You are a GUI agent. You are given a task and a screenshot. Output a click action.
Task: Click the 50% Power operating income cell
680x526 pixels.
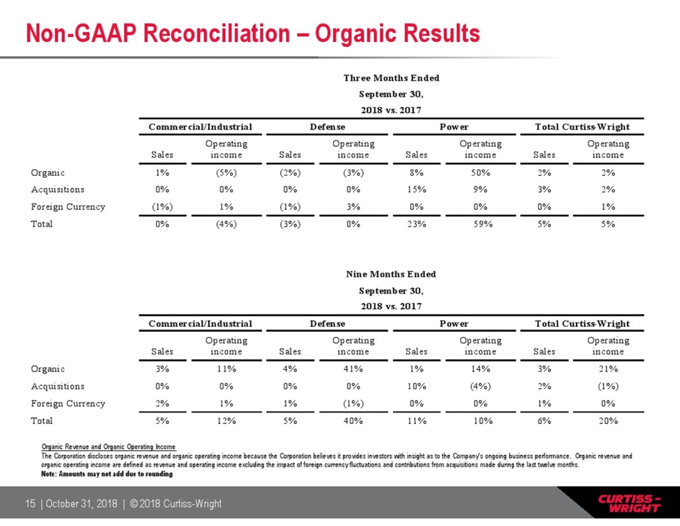[x=480, y=173]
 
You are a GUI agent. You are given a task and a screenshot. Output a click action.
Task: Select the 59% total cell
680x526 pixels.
[x=480, y=225]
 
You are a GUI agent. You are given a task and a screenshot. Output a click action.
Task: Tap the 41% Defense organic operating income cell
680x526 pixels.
[x=353, y=369]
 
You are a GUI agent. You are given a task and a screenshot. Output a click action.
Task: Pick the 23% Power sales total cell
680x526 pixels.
[x=416, y=225]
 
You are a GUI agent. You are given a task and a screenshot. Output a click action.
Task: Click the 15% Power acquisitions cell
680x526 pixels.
[x=416, y=190]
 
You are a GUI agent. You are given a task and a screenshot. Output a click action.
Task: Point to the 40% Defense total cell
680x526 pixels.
[x=353, y=421]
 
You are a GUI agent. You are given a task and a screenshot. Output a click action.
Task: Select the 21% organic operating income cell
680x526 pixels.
[x=608, y=369]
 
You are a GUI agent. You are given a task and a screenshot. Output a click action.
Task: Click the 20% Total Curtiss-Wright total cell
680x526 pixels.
[x=608, y=421]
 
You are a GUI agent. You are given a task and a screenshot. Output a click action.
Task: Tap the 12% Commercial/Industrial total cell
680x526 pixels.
[x=226, y=421]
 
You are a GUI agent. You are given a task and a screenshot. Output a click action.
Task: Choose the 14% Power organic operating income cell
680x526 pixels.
[x=480, y=369]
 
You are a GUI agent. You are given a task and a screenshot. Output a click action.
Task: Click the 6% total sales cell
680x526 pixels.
[x=544, y=421]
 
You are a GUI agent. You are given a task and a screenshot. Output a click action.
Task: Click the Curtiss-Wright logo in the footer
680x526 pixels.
[x=629, y=503]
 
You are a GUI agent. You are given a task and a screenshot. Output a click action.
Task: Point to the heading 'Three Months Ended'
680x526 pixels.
[x=391, y=78]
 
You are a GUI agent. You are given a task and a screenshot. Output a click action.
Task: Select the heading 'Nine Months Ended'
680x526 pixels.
[x=391, y=274]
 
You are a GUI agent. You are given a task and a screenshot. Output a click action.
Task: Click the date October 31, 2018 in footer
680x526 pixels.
[x=81, y=503]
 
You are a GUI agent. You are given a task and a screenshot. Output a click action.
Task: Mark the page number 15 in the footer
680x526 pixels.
[x=30, y=503]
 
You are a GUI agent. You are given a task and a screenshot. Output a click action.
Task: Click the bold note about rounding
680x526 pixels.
[x=107, y=474]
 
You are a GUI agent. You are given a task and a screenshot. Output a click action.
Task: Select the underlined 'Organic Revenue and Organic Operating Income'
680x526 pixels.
[x=108, y=447]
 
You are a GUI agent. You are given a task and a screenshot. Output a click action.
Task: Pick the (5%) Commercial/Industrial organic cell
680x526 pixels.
[x=226, y=173]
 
